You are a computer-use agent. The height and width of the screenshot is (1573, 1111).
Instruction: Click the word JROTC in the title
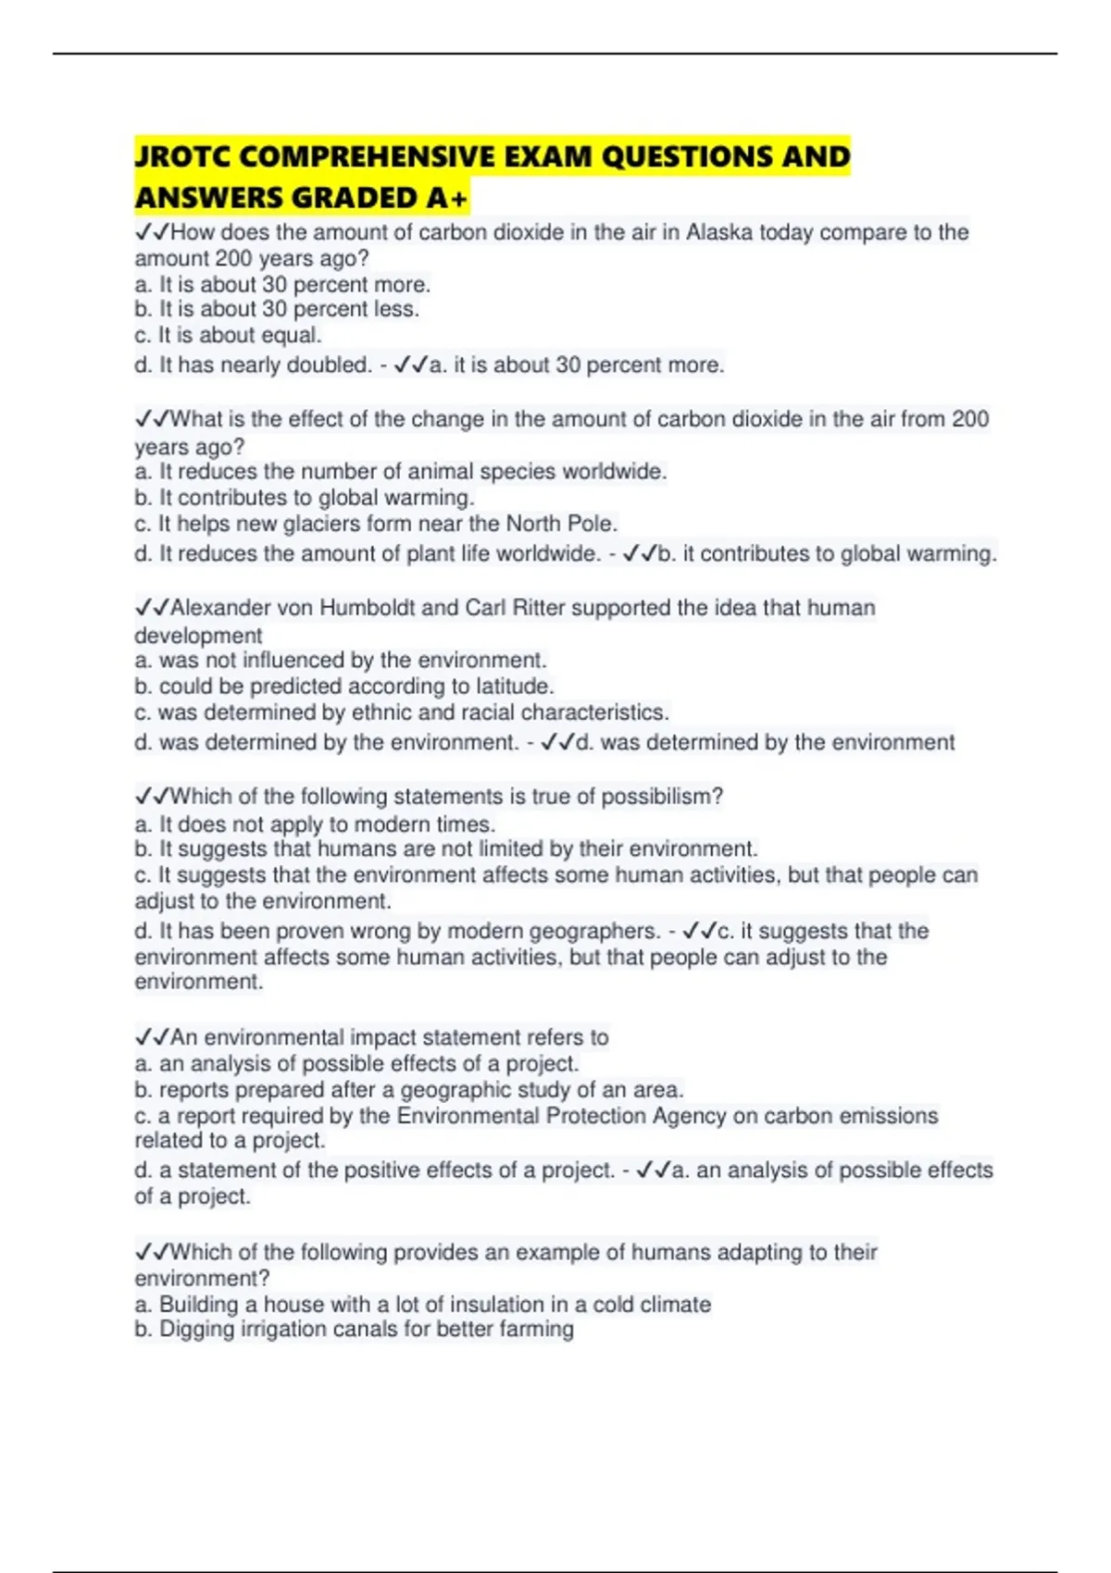tap(181, 156)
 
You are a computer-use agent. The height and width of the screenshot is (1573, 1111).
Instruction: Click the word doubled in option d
tap(329, 365)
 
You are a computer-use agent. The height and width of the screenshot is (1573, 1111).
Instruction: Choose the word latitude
tap(515, 687)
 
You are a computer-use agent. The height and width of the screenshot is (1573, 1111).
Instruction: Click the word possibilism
tap(662, 797)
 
